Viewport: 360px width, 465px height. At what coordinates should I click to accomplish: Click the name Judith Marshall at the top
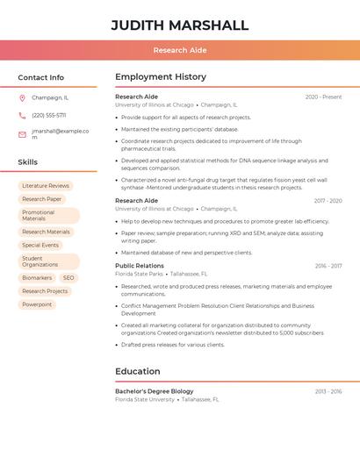pyautogui.click(x=180, y=25)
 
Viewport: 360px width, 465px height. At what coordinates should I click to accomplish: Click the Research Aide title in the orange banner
pyautogui.click(x=180, y=50)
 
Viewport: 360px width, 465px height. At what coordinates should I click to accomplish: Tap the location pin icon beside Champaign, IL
pyautogui.click(x=22, y=97)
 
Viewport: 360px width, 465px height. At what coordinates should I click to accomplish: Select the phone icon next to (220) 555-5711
pyautogui.click(x=22, y=115)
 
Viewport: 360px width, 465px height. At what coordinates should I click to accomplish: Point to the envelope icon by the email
pyautogui.click(x=22, y=134)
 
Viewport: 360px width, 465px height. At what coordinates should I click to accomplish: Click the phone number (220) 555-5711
pyautogui.click(x=49, y=115)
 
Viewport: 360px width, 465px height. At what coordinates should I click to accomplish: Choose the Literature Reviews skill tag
pyautogui.click(x=46, y=186)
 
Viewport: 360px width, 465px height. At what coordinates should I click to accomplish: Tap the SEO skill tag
pyautogui.click(x=68, y=277)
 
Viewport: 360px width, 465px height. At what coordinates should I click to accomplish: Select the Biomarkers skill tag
pyautogui.click(x=37, y=277)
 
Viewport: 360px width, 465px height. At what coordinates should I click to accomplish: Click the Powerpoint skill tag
pyautogui.click(x=37, y=304)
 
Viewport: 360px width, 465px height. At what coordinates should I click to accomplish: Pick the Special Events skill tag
pyautogui.click(x=40, y=245)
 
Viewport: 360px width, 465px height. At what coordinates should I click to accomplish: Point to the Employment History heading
pyautogui.click(x=161, y=77)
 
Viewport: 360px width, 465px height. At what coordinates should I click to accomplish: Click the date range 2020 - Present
pyautogui.click(x=323, y=97)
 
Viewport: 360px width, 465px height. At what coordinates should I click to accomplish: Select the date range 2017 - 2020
pyautogui.click(x=328, y=200)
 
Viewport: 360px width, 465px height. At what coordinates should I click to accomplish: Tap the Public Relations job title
pyautogui.click(x=140, y=265)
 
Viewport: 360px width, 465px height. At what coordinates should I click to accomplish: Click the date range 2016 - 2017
pyautogui.click(x=328, y=265)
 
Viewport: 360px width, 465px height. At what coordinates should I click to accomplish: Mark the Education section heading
pyautogui.click(x=138, y=371)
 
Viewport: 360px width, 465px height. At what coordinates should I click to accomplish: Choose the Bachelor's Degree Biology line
pyautogui.click(x=155, y=390)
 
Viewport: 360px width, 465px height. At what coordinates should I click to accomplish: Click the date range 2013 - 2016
pyautogui.click(x=328, y=390)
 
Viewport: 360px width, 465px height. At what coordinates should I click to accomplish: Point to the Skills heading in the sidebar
pyautogui.click(x=28, y=162)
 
